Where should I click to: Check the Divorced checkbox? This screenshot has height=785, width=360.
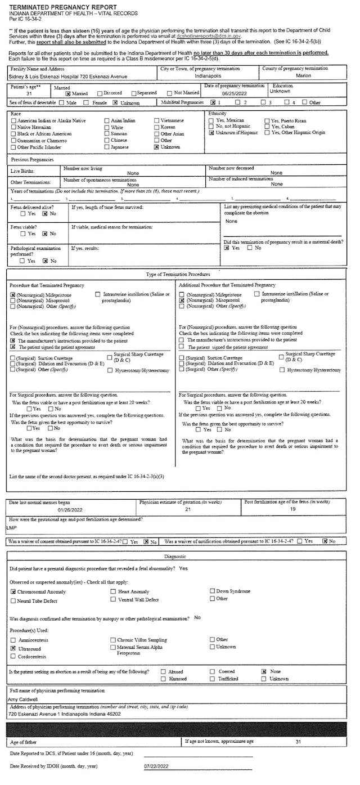[x=100, y=93]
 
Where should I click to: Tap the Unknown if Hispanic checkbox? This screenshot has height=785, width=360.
[x=211, y=133]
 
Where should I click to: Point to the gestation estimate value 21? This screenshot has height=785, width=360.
[x=188, y=509]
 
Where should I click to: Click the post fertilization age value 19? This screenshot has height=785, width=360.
[x=292, y=509]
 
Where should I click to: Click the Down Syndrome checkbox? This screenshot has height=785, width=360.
[x=212, y=591]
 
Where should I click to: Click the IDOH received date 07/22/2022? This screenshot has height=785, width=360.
[x=156, y=766]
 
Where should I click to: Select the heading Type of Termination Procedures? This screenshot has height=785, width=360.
[x=178, y=274]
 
